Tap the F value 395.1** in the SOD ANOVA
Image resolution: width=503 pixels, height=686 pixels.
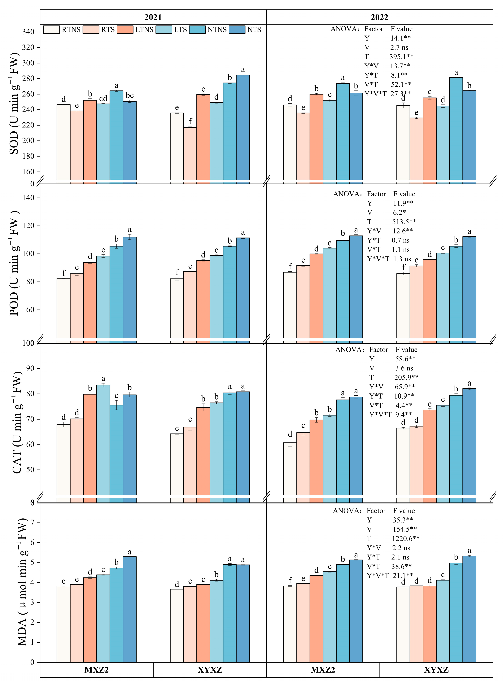click(401, 57)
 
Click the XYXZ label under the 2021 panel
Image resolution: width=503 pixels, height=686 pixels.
click(210, 670)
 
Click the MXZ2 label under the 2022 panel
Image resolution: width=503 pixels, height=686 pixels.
click(323, 670)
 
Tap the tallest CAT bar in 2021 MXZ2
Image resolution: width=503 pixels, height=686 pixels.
click(103, 438)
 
